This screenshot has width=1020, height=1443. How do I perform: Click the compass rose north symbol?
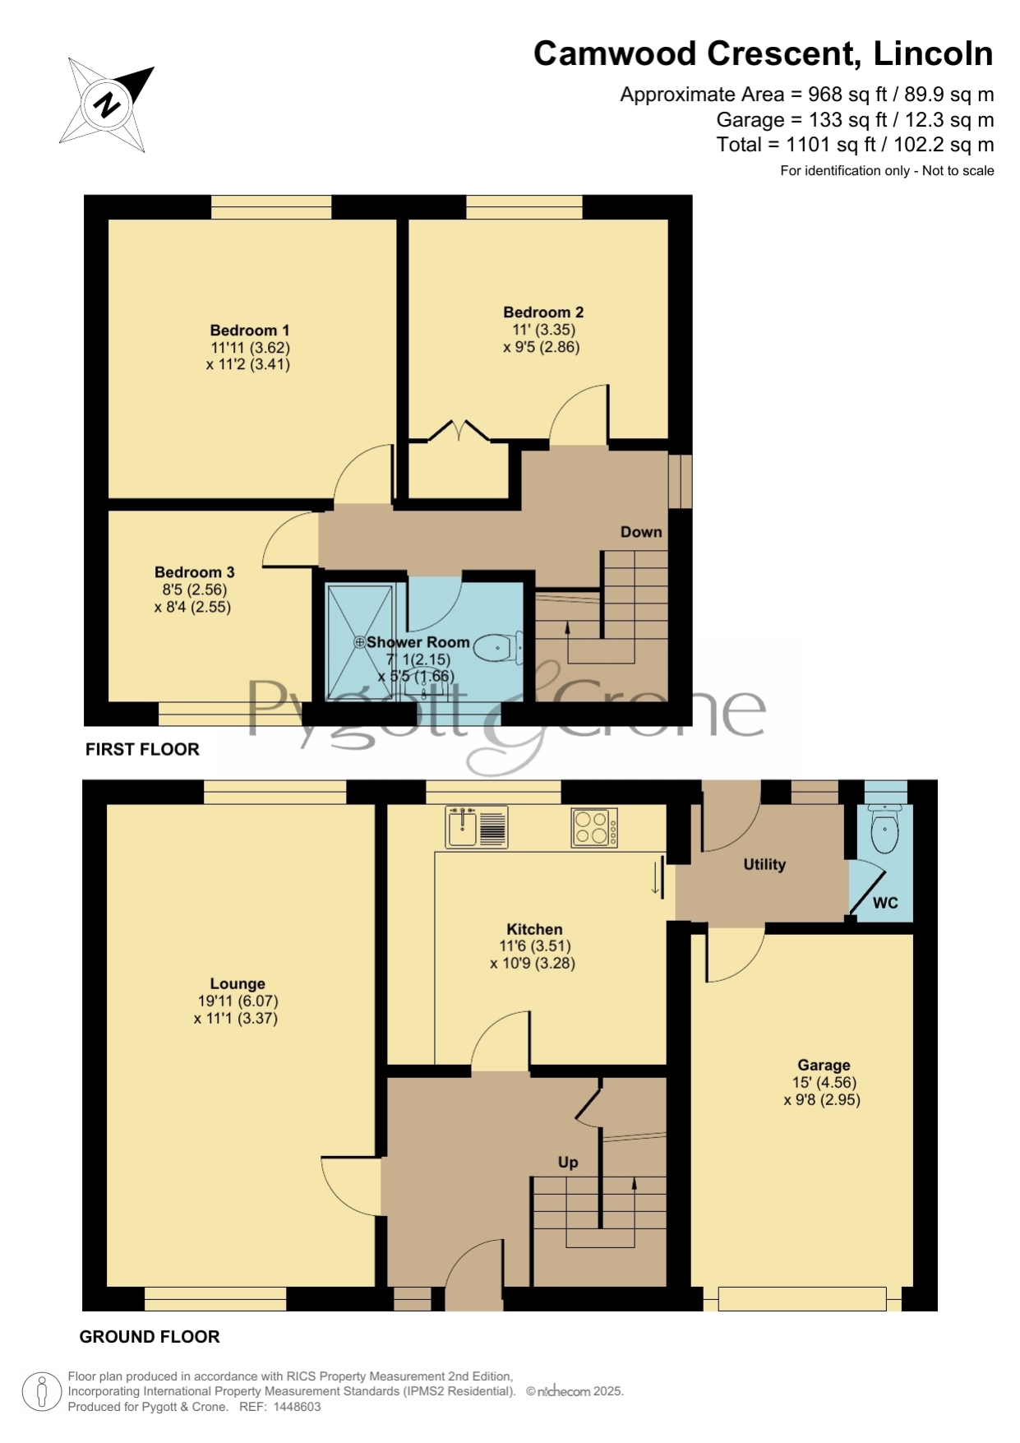[x=107, y=105]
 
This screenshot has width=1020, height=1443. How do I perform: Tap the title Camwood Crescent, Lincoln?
[x=764, y=54]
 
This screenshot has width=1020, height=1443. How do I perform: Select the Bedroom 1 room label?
[x=250, y=331]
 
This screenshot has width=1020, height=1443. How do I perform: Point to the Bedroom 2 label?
[x=543, y=312]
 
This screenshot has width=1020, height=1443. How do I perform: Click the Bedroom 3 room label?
[x=195, y=572]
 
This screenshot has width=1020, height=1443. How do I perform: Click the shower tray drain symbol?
[x=360, y=642]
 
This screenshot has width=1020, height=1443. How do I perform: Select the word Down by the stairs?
[x=641, y=532]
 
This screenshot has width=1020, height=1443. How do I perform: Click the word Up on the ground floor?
[x=568, y=1163]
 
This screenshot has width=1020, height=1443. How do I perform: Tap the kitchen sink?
[x=477, y=826]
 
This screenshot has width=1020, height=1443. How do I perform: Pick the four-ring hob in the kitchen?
[x=594, y=827]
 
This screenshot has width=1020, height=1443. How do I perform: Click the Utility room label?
[x=764, y=864]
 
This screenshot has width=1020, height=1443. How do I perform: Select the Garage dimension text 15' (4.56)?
[x=824, y=1083]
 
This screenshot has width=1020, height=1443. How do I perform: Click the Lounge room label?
[x=238, y=984]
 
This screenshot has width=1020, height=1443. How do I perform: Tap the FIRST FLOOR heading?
[x=142, y=749]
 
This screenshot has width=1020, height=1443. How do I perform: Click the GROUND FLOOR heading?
[x=150, y=1337]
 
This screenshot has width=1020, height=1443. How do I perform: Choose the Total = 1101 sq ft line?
[x=855, y=145]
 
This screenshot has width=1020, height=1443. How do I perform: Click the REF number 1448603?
[x=297, y=1407]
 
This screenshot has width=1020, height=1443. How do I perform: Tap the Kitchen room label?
[x=534, y=930]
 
